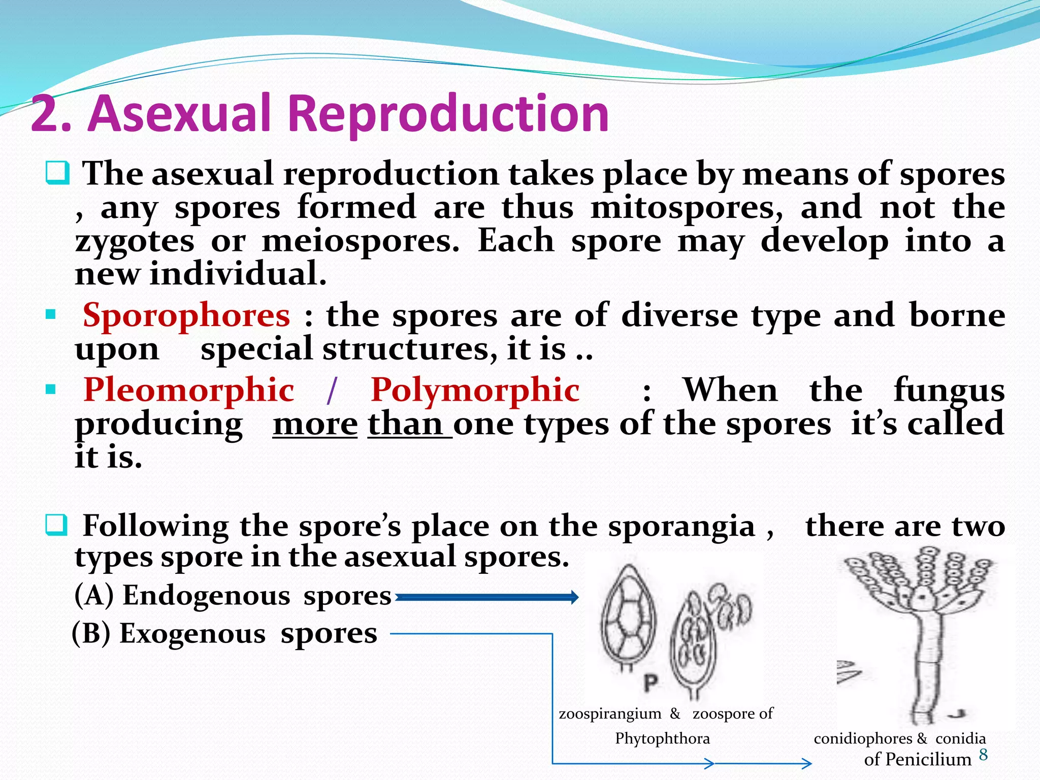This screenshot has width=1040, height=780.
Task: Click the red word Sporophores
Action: (186, 315)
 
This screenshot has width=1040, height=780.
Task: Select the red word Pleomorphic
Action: (189, 390)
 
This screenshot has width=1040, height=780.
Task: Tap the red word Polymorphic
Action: (475, 390)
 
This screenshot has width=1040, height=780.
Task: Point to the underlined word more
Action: (315, 425)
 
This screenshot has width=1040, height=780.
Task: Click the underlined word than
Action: (405, 425)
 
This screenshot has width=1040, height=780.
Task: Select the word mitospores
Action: (687, 208)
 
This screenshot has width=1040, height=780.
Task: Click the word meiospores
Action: (360, 241)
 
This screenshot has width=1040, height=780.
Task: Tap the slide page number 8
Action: (983, 755)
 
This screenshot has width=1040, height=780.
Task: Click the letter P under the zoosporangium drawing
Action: (651, 683)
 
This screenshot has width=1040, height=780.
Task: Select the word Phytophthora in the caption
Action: (662, 738)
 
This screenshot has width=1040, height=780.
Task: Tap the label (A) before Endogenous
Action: (94, 595)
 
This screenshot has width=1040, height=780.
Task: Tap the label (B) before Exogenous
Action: (91, 634)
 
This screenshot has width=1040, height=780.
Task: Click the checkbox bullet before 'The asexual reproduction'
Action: (57, 173)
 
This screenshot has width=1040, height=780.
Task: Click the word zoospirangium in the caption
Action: (609, 713)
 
